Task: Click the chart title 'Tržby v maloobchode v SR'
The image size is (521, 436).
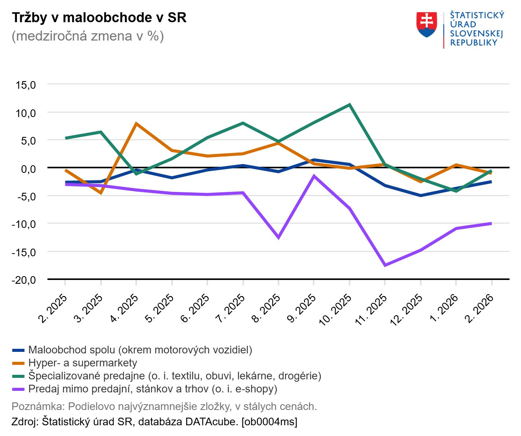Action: click(99, 18)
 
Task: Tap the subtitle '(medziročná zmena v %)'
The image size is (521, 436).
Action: click(88, 36)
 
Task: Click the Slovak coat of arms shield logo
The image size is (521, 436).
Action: click(427, 25)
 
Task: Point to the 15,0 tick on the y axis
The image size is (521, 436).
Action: click(26, 85)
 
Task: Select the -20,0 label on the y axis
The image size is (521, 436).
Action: click(24, 280)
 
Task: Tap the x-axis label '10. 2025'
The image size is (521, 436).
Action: click(335, 309)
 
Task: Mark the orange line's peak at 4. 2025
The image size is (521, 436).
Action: click(136, 124)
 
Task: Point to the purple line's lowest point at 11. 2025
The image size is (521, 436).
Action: click(385, 265)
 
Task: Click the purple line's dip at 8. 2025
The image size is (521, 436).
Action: click(278, 238)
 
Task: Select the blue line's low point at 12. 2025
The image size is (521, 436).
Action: click(420, 195)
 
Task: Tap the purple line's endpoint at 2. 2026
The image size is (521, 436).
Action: click(491, 223)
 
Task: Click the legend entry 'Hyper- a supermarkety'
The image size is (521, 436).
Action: click(83, 363)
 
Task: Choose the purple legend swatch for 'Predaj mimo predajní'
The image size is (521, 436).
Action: click(18, 389)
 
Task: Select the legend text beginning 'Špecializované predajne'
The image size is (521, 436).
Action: click(175, 376)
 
